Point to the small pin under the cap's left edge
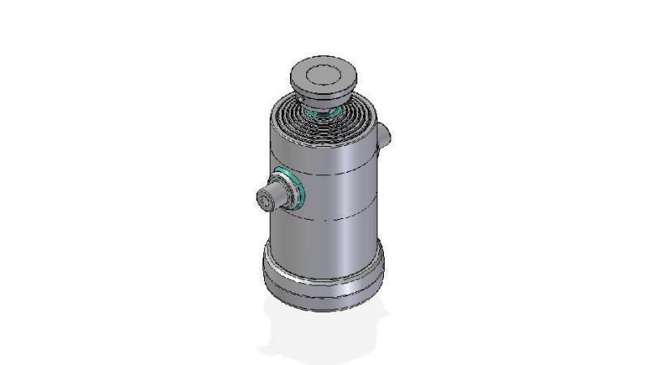(x=301, y=100)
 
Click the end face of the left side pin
(x=265, y=198)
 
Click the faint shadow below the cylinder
(x=324, y=333)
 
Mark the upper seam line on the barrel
(x=340, y=174)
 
